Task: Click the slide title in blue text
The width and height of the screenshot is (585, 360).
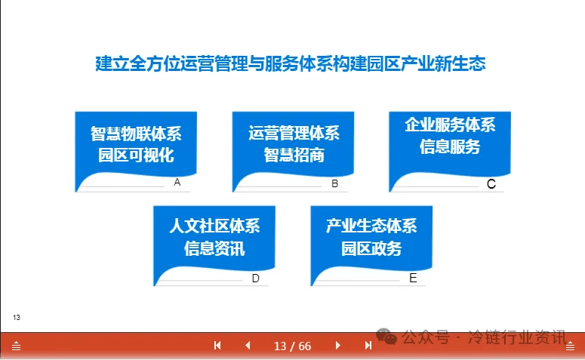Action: tap(291, 63)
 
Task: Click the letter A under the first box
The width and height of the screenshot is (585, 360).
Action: tap(177, 182)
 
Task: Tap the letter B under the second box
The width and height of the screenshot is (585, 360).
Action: tap(334, 183)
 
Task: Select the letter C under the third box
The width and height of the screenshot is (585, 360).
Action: tap(491, 184)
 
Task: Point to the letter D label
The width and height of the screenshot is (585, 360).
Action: tap(256, 278)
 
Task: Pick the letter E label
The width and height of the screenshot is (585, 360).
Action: tap(413, 278)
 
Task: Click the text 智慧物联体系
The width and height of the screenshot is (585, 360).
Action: tap(136, 134)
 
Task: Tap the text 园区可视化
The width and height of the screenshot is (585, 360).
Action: tap(136, 155)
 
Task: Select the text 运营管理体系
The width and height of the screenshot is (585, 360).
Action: tap(294, 133)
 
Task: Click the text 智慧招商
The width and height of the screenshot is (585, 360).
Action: tap(294, 155)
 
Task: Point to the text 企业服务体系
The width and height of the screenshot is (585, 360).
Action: tap(451, 125)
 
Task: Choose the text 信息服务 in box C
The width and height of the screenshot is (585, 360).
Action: tap(450, 146)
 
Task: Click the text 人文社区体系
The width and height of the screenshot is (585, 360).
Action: tap(214, 226)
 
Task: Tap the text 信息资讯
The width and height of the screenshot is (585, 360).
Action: tap(214, 248)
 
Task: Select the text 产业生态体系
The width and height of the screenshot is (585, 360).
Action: tap(371, 226)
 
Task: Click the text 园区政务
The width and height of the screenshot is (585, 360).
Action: tap(371, 248)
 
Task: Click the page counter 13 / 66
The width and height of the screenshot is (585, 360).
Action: tap(293, 346)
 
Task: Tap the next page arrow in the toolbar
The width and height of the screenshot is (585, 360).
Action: tap(337, 346)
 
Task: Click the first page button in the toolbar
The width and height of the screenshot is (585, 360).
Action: tap(217, 346)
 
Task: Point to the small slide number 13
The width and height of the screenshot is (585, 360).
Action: tap(17, 318)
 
